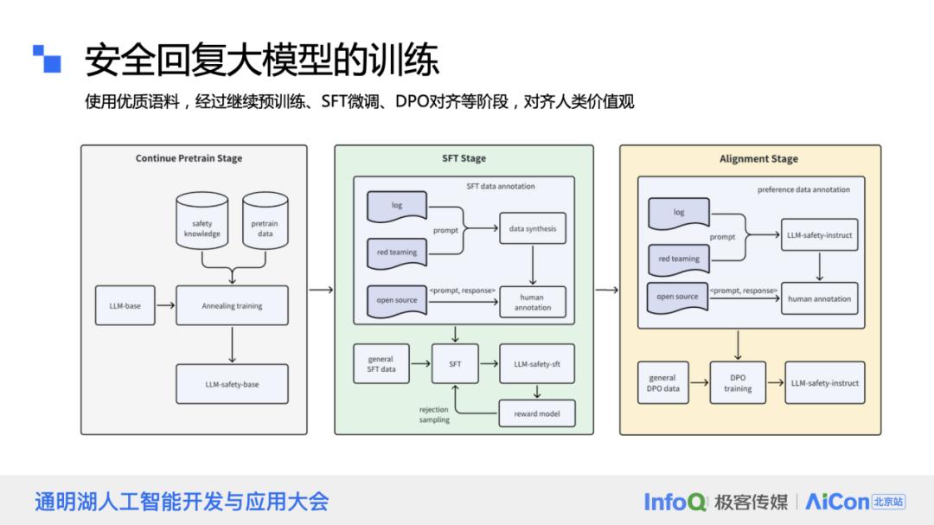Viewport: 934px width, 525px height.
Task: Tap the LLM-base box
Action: tap(125, 305)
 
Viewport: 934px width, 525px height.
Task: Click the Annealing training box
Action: tap(232, 305)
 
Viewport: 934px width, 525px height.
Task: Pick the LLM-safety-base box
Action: tap(232, 384)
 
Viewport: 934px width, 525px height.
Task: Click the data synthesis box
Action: tap(533, 229)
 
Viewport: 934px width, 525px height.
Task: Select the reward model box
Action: tap(537, 413)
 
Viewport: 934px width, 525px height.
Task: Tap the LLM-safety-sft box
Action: tap(537, 364)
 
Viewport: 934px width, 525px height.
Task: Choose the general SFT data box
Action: tap(381, 364)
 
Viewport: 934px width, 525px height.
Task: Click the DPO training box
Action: tap(738, 383)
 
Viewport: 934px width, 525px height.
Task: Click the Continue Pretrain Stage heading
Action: tap(189, 158)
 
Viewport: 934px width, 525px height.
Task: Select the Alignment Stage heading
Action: tap(758, 159)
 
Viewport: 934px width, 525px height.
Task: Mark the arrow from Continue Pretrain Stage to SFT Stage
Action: tap(321, 289)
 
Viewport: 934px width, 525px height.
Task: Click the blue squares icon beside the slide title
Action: tap(48, 57)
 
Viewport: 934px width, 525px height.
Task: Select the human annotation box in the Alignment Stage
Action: tap(819, 299)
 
